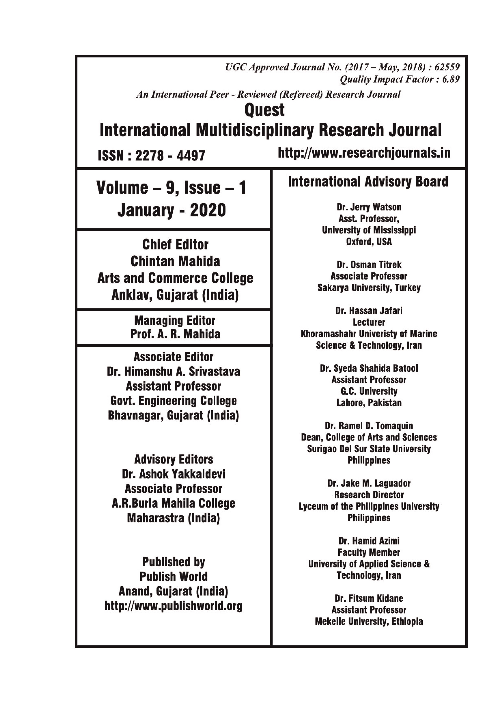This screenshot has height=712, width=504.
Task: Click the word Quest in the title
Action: click(264, 110)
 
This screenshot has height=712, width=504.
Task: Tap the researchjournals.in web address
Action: click(364, 153)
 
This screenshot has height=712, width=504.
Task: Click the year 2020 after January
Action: click(208, 211)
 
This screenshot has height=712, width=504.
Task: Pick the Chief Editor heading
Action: click(175, 245)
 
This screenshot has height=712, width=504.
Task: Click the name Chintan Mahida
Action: click(175, 261)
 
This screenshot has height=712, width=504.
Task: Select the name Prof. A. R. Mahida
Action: click(175, 334)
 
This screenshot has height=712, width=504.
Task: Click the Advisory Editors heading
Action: click(174, 459)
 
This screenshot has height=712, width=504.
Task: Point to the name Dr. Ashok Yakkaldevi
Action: click(174, 474)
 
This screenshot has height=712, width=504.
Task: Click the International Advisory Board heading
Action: click(368, 182)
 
